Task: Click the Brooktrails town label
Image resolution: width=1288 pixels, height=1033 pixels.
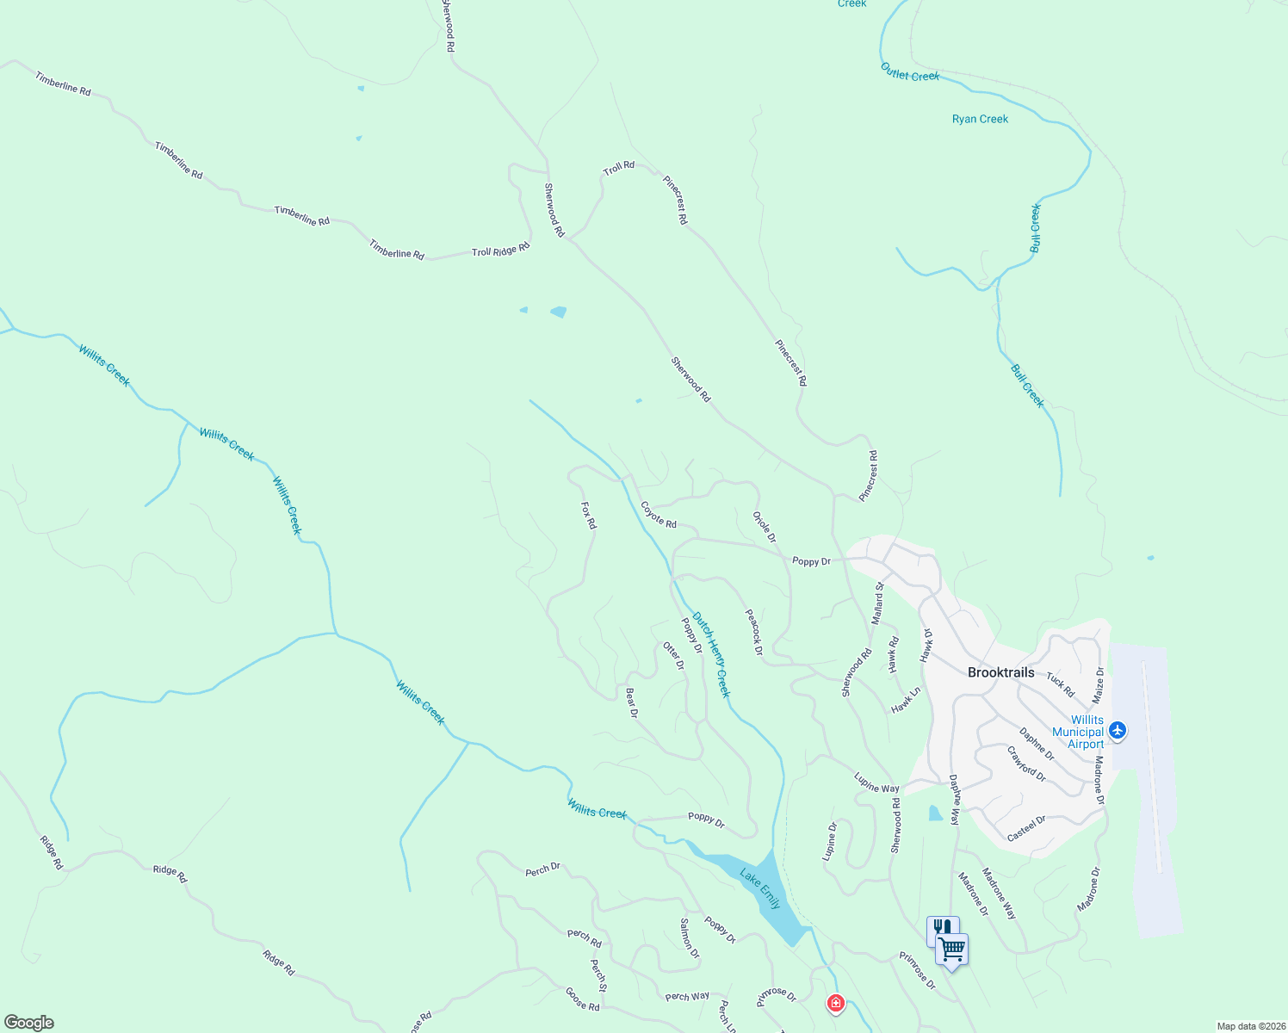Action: [x=1000, y=672]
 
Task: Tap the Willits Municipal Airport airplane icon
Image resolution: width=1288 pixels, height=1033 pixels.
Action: [x=1118, y=731]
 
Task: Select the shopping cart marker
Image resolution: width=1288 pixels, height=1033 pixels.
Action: [x=952, y=949]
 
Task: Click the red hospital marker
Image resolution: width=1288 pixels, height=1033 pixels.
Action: [x=835, y=1003]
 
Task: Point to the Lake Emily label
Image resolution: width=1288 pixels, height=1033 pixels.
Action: [x=761, y=889]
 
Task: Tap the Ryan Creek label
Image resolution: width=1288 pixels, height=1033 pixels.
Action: [x=980, y=119]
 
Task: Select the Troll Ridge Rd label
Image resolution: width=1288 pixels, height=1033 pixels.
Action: [x=500, y=251]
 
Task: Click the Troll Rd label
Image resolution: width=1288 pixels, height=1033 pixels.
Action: [x=618, y=168]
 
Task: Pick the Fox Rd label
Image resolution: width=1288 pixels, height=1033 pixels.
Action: [x=588, y=516]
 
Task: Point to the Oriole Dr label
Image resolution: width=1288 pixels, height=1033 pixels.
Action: [x=765, y=527]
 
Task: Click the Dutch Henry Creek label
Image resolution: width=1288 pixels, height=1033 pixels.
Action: [x=712, y=654]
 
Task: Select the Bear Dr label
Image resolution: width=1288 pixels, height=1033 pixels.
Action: [x=632, y=702]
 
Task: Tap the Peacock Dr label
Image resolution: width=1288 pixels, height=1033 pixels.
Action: [x=754, y=632]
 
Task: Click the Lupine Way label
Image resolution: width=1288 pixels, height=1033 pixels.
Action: [x=876, y=782]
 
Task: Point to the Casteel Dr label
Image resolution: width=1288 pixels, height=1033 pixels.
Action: [x=1026, y=828]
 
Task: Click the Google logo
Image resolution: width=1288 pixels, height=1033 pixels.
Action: [x=29, y=1023]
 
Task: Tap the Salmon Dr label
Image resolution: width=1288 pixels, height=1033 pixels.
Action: [x=690, y=938]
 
